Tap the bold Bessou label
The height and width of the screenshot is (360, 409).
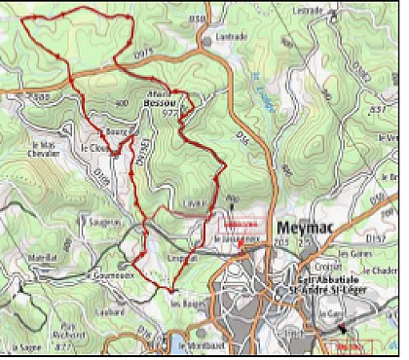(x=162, y=100)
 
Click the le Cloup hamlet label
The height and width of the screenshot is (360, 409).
(x=95, y=148)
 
